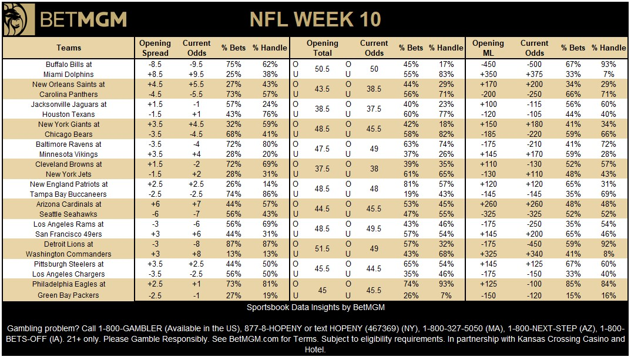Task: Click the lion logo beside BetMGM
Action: tap(18, 19)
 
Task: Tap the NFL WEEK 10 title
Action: tap(315, 19)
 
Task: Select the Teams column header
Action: tap(69, 48)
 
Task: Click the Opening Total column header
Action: tap(322, 48)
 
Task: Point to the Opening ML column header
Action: tap(488, 48)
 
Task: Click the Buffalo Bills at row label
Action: tap(69, 65)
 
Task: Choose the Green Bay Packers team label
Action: tap(69, 295)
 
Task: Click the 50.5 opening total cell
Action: tap(322, 69)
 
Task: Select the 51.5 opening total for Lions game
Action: tap(322, 249)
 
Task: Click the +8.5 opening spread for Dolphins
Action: tap(155, 75)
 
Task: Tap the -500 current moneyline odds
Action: tap(534, 65)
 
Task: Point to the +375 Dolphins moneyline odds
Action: tap(534, 75)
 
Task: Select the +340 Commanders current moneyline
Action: tap(534, 254)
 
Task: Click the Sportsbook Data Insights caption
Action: tap(315, 308)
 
